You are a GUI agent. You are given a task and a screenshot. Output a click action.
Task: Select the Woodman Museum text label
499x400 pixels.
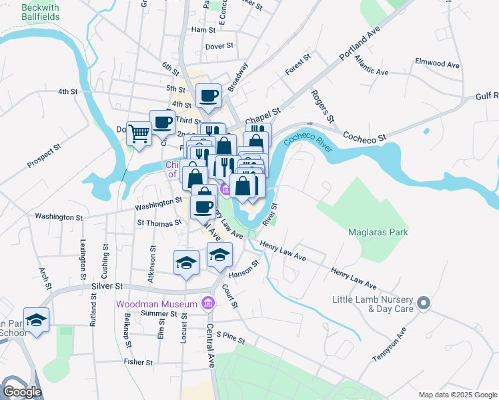click(x=157, y=304)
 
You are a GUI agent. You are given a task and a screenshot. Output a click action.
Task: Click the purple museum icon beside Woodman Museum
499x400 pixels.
click(x=208, y=304)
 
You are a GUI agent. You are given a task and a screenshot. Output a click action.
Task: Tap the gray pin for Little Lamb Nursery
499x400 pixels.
click(x=422, y=305)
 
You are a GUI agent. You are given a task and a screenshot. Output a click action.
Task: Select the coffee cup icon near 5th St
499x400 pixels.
click(x=207, y=95)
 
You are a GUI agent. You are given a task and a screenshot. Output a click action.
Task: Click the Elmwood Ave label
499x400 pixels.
click(x=437, y=64)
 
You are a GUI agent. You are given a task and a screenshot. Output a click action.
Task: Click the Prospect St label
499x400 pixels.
click(x=44, y=155)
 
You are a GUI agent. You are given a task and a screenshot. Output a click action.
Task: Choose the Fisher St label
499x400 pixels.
click(x=138, y=362)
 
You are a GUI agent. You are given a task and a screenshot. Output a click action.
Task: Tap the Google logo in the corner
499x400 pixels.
click(x=22, y=391)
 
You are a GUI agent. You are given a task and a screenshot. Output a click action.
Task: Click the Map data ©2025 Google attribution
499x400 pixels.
click(x=456, y=394)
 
